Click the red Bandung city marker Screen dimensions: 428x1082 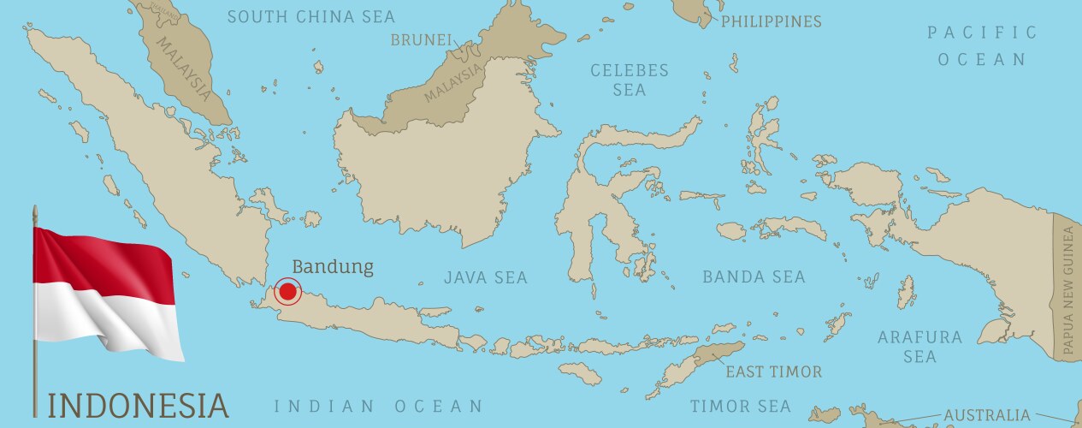[288, 292]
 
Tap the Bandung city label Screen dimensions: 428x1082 [333, 266]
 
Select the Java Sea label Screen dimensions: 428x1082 [485, 277]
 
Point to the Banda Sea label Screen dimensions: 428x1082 [754, 276]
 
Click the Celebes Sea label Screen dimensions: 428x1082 [630, 80]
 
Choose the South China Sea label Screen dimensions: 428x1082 [311, 16]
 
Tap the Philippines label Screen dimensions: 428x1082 [771, 21]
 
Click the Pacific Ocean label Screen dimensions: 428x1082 [982, 46]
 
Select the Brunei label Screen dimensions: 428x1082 [420, 39]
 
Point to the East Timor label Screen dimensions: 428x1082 [773, 372]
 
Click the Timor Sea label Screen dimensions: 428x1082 [740, 406]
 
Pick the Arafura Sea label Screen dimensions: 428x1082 [919, 347]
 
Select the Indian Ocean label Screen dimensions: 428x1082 [378, 406]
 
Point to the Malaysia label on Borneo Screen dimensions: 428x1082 [453, 85]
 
